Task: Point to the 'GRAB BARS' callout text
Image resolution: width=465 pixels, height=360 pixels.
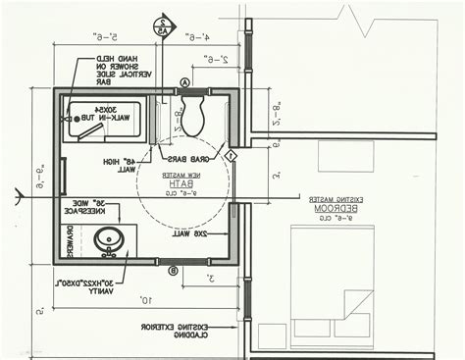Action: [183, 157]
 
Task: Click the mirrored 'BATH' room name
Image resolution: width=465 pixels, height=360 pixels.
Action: [184, 183]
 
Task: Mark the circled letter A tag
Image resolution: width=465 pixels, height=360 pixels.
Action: [184, 83]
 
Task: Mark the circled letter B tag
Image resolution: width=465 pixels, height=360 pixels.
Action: [173, 270]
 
